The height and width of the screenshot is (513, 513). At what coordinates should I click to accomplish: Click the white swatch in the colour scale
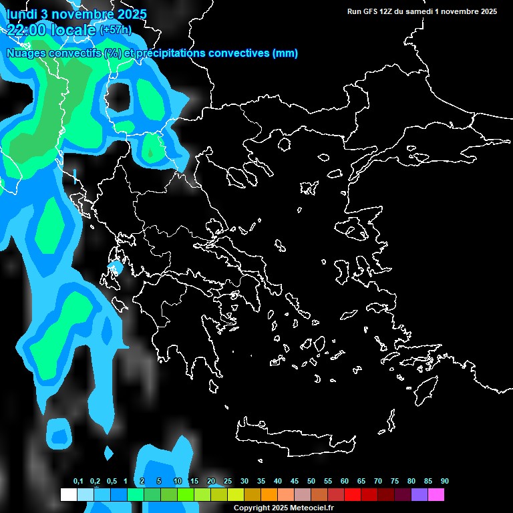coord(68,495)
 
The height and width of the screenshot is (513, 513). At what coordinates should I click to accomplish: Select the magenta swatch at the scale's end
coord(436,495)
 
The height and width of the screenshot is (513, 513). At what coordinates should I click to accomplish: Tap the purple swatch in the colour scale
coord(419,495)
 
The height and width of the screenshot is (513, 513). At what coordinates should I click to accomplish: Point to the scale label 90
coord(444,482)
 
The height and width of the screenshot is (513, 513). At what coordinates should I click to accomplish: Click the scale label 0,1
coord(77,482)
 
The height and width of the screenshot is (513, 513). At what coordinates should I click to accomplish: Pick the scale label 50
coord(311,482)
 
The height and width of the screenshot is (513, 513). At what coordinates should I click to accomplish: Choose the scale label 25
coord(228,482)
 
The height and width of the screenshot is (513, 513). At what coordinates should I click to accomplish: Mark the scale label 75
coord(394,482)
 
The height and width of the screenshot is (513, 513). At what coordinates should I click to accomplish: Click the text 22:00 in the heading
coord(25,29)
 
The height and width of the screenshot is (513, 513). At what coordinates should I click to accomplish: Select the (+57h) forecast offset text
coord(115,30)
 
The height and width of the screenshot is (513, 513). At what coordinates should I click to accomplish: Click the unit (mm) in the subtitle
coord(285,53)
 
